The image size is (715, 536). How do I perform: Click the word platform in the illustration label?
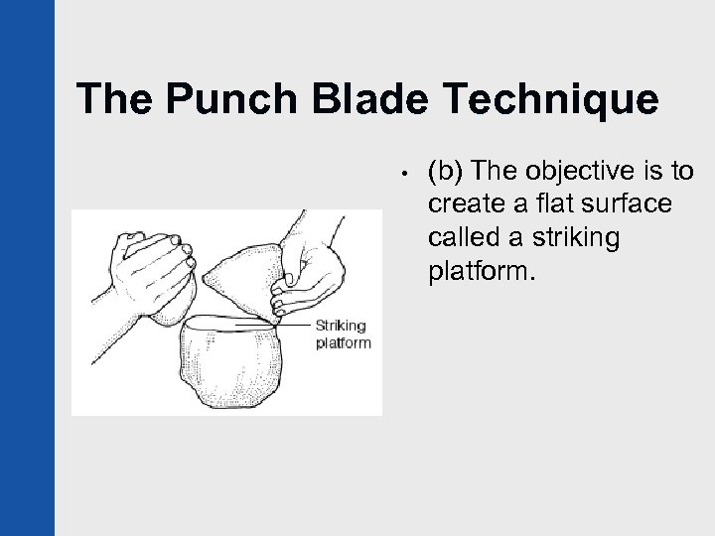coord(342,343)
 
